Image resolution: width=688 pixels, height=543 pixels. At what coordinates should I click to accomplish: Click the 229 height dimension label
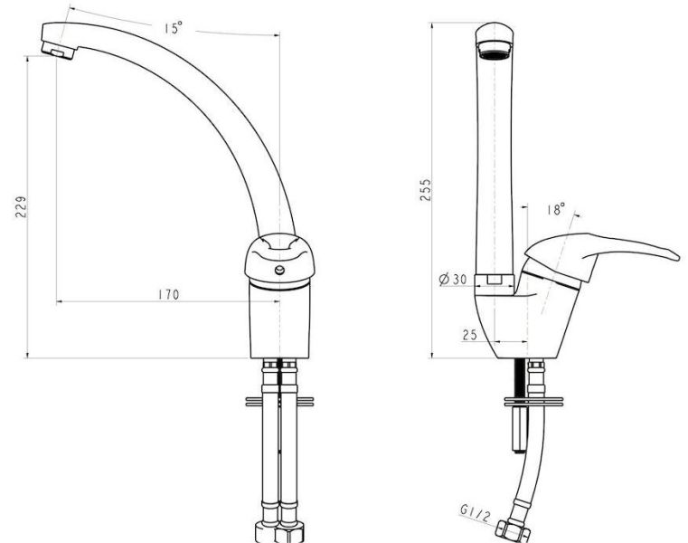(x=21, y=206)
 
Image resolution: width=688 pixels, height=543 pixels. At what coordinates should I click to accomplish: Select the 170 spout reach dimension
(x=169, y=294)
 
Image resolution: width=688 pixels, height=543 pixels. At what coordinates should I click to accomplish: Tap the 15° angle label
(x=174, y=28)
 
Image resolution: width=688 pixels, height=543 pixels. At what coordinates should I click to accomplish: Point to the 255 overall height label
(x=426, y=190)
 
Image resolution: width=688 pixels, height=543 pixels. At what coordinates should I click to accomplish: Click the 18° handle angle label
(x=556, y=209)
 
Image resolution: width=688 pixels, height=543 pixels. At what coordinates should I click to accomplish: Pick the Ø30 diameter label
(x=453, y=279)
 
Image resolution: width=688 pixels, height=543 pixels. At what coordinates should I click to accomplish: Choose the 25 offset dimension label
(x=469, y=335)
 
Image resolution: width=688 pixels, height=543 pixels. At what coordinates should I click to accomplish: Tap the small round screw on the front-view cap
(x=279, y=271)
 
